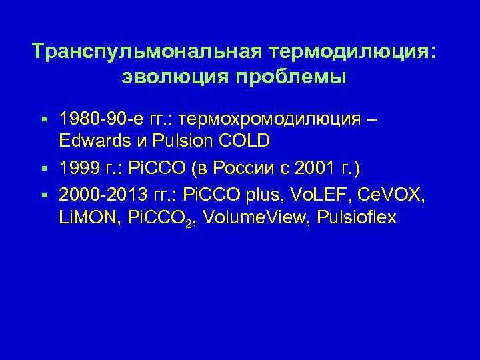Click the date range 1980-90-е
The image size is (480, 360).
[101, 120]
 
